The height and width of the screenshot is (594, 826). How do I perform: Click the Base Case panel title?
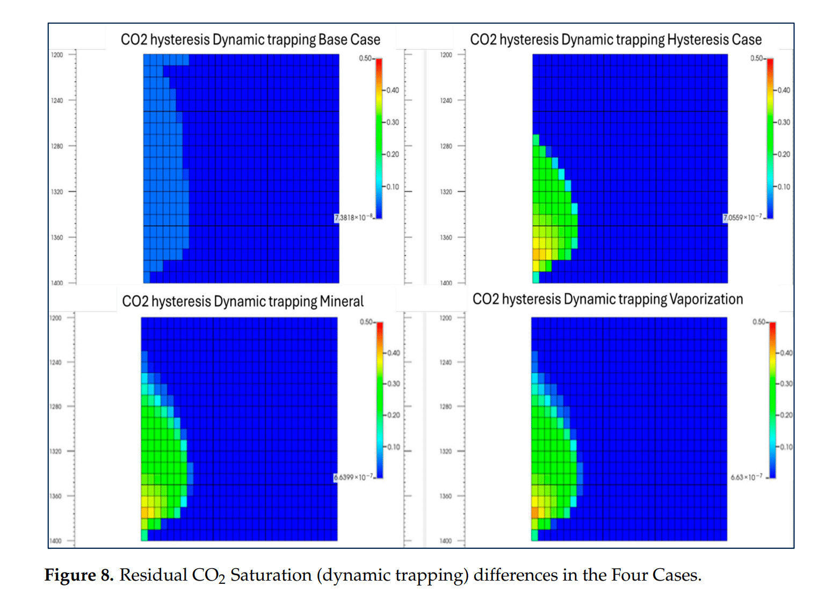(x=250, y=40)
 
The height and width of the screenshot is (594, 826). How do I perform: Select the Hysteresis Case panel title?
(x=615, y=40)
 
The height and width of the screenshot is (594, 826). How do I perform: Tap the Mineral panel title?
(x=243, y=301)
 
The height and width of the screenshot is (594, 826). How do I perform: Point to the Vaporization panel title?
(x=607, y=299)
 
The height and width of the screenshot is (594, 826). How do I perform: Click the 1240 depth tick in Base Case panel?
(x=57, y=100)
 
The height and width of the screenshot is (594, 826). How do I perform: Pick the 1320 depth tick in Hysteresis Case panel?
(x=446, y=192)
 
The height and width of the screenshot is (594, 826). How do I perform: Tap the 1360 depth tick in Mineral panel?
(x=55, y=496)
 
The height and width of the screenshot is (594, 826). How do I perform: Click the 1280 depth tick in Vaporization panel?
(x=446, y=407)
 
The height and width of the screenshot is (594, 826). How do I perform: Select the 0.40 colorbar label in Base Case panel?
(x=393, y=90)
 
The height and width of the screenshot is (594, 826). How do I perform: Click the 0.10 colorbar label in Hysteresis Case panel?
(x=784, y=187)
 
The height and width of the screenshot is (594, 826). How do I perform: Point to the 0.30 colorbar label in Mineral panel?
(x=394, y=384)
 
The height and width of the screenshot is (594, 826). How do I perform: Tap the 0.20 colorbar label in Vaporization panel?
(x=786, y=415)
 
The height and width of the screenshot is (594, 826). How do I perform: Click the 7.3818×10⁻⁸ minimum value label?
(x=353, y=218)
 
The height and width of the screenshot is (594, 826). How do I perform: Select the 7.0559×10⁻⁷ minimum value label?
(x=742, y=218)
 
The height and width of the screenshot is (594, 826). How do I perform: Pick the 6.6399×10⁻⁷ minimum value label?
(x=353, y=477)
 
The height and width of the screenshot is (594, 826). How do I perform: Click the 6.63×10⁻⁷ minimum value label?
(x=746, y=477)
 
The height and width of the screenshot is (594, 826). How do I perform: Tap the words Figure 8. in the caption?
(x=79, y=575)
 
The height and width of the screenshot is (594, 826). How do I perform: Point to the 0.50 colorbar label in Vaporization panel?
(x=758, y=322)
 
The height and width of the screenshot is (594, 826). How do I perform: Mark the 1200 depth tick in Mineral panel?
(x=55, y=318)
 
